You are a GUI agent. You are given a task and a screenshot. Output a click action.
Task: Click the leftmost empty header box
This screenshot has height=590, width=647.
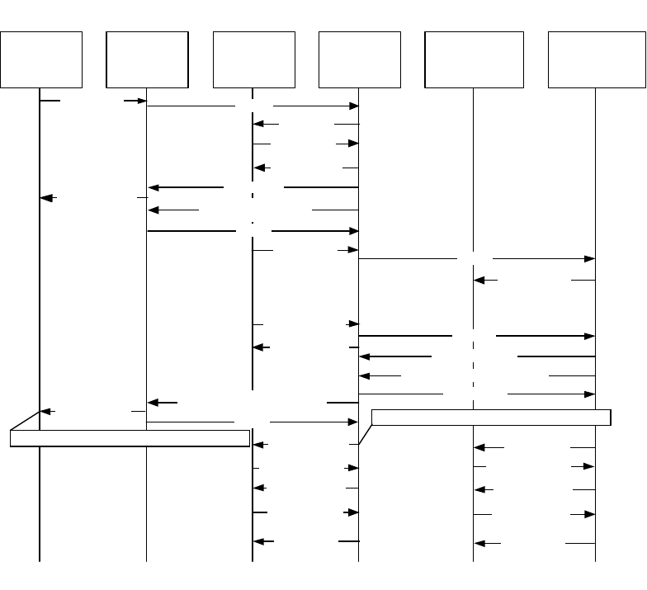point(41,59)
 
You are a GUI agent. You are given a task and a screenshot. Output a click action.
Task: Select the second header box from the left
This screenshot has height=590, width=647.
point(147,59)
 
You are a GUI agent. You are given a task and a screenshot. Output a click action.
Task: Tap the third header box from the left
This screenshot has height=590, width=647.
point(253,59)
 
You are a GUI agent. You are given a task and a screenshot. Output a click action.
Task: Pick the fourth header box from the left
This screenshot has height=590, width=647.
point(359,59)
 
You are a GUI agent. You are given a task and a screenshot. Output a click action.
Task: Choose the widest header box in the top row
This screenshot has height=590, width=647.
point(474,59)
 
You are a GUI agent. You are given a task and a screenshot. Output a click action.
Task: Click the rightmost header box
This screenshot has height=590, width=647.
point(595,59)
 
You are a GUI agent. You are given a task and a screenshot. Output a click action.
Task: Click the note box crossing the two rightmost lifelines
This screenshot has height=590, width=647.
point(491,417)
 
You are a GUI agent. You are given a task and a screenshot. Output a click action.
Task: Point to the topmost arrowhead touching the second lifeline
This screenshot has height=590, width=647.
point(140,101)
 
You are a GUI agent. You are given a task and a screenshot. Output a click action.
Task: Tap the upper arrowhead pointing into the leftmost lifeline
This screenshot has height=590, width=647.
point(46,198)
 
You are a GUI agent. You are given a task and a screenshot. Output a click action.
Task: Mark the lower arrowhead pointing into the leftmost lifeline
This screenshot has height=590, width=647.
point(46,410)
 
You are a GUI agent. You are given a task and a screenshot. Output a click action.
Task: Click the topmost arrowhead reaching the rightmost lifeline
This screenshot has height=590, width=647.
point(589,259)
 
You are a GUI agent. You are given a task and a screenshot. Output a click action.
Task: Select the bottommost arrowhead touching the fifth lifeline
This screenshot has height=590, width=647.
point(480,544)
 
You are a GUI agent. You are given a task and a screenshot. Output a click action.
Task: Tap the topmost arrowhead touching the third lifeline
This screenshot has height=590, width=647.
point(259,125)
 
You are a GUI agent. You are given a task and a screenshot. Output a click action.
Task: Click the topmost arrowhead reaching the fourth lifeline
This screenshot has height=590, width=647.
point(353,106)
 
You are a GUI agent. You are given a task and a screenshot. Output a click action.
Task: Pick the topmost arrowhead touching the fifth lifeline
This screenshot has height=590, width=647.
point(480,281)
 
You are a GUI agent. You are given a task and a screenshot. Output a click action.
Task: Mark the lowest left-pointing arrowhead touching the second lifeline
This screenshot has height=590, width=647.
point(153,403)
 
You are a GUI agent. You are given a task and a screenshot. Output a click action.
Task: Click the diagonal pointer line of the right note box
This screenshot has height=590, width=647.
point(365,432)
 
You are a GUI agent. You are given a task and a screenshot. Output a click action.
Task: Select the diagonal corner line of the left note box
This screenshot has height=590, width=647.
point(25,421)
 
